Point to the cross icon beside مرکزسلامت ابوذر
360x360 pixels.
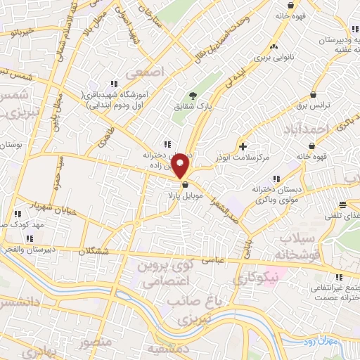[243, 146]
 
